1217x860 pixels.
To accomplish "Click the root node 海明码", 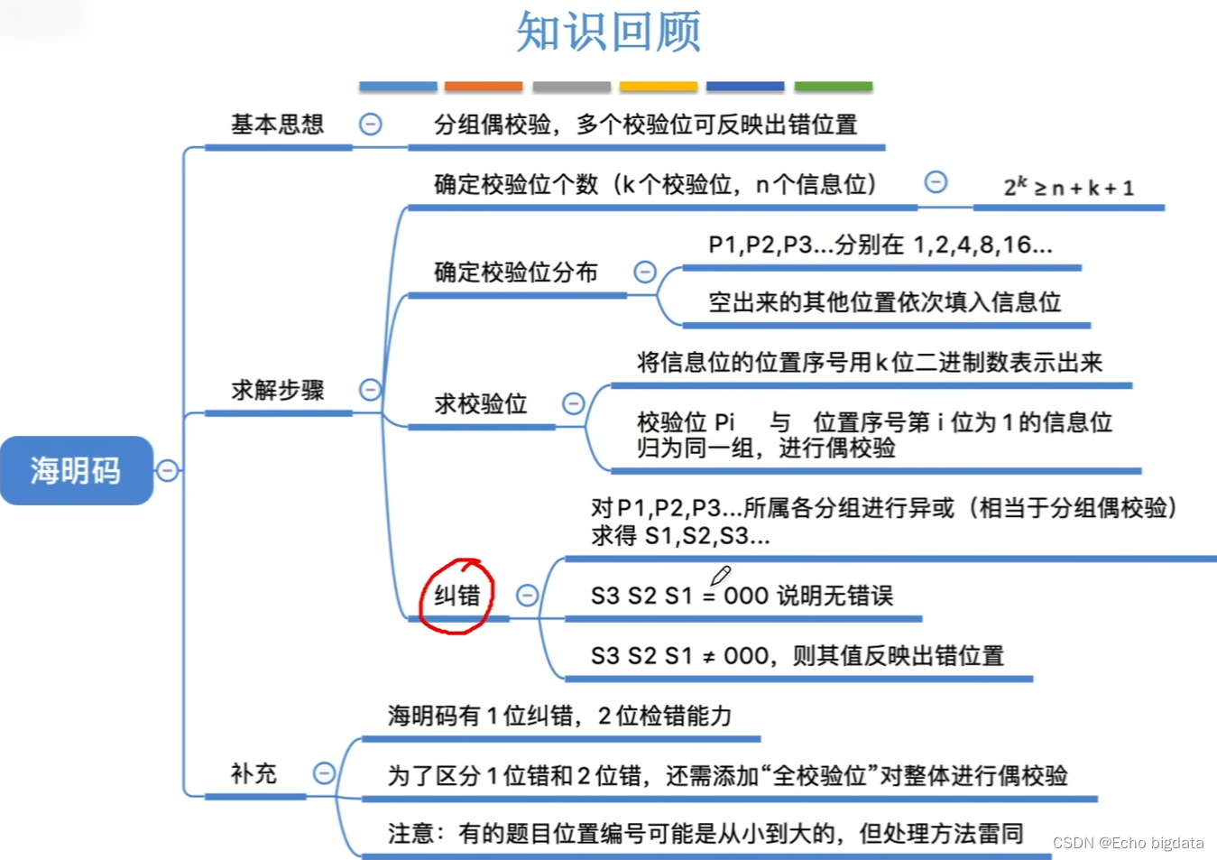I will coord(76,470).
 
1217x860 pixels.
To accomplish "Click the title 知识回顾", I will coord(608,32).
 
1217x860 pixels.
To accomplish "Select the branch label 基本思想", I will coord(277,125).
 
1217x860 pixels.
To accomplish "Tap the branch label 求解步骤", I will coord(277,390).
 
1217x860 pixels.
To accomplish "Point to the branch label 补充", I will coord(254,773).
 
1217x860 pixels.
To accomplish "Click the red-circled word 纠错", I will coord(457,596).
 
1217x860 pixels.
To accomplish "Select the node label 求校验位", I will coord(480,403).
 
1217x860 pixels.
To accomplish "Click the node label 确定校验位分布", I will coord(515,272).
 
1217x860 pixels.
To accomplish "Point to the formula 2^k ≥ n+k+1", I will coord(1068,187).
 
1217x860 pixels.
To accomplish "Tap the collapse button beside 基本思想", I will coord(370,125).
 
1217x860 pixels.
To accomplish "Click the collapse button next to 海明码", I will coord(167,470).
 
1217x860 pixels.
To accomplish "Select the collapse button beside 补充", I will coord(324,773).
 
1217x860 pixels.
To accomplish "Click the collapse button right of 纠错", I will coord(527,596).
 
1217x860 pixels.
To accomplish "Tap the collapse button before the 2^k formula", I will coord(936,182).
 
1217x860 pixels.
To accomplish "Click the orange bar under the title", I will coord(484,87).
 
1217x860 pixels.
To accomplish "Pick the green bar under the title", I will coord(833,87).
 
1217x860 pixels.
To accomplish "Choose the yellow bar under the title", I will coord(659,87).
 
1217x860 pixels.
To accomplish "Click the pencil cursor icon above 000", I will coord(720,575).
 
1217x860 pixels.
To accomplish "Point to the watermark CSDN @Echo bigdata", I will coord(1128,843).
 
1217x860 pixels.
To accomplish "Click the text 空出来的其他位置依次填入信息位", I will coord(884,302).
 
